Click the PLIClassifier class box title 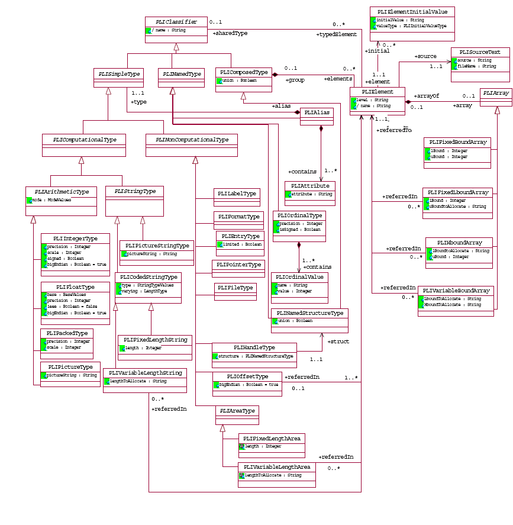(x=176, y=22)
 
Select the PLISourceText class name (x=479, y=52)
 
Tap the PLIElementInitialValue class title (x=412, y=12)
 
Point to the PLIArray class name (x=495, y=93)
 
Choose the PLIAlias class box (x=317, y=112)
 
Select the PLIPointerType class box (x=238, y=265)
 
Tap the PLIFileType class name (x=235, y=288)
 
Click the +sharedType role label (x=230, y=34)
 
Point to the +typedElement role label (x=336, y=35)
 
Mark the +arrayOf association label (x=427, y=96)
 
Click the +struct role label (x=338, y=342)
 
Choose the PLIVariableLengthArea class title (x=276, y=467)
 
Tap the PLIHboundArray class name (x=459, y=243)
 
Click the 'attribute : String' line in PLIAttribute (x=312, y=194)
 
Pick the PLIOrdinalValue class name (x=299, y=276)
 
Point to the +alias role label (x=281, y=106)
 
